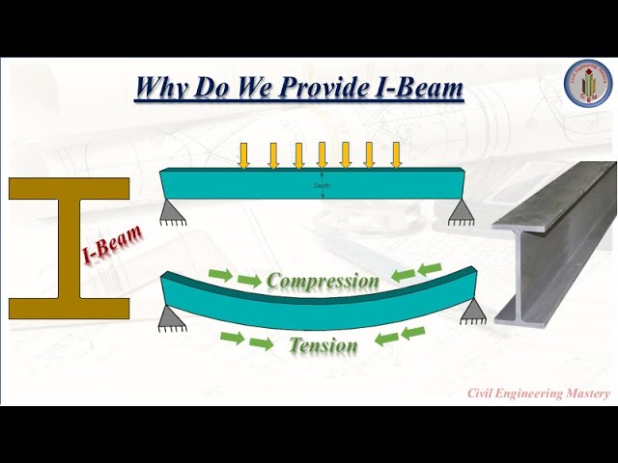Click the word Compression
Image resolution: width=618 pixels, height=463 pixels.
tap(323, 281)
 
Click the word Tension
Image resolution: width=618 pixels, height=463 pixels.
tap(323, 344)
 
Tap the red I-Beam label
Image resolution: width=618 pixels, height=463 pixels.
tap(112, 245)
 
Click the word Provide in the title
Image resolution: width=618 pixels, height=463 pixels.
tap(327, 90)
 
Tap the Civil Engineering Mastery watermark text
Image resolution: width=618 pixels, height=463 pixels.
tap(539, 393)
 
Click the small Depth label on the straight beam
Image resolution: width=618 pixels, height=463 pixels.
tap(323, 185)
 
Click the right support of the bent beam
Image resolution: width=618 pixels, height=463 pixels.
tap(474, 310)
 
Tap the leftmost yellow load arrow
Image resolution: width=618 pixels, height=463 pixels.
tap(244, 154)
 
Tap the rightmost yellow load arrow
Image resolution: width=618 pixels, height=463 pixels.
tap(396, 154)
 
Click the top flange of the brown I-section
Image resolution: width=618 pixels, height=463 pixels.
tap(69, 189)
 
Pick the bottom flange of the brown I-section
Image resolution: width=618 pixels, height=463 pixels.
tap(69, 308)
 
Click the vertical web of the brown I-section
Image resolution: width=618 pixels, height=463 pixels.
tap(69, 248)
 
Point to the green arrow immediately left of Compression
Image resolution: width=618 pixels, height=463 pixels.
tap(249, 281)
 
